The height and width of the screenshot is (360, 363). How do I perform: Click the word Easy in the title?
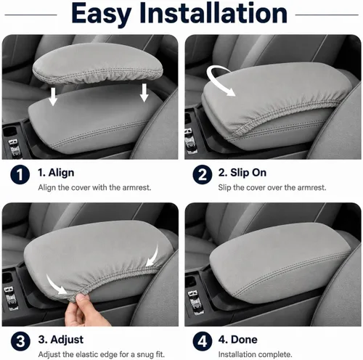(x=102, y=13)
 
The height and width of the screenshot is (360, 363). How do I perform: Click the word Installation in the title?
(x=213, y=12)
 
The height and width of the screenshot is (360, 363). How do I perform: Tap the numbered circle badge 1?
(x=20, y=174)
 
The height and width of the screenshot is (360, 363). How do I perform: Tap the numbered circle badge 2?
(x=203, y=174)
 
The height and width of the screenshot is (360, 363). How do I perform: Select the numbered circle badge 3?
(x=20, y=341)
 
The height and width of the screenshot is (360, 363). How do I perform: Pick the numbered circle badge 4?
(x=203, y=341)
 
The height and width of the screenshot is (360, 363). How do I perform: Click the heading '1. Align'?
(x=56, y=173)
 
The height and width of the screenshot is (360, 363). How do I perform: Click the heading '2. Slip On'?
(x=242, y=173)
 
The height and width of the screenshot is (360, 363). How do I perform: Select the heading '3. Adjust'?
(x=61, y=340)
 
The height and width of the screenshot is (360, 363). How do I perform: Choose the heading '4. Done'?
(x=237, y=340)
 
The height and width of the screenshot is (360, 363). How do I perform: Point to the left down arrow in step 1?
(x=53, y=97)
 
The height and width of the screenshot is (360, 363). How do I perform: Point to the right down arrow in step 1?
(x=144, y=93)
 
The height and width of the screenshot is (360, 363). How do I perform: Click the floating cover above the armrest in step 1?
(x=98, y=63)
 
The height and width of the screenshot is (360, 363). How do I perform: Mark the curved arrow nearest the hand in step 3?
(x=56, y=285)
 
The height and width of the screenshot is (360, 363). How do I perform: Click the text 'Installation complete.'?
(x=256, y=354)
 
